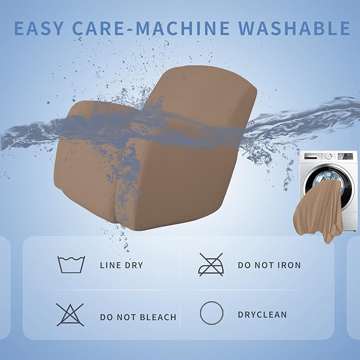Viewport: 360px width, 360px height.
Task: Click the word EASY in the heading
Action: (x=39, y=28)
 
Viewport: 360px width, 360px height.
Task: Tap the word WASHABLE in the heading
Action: (x=294, y=28)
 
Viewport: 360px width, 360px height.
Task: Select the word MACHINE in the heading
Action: (x=182, y=28)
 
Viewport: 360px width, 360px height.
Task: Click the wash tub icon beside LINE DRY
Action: (x=71, y=265)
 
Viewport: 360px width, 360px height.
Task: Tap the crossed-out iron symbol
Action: (x=211, y=265)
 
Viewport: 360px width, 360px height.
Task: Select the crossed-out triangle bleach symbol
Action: (x=70, y=315)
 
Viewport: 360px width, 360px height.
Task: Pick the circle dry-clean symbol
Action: (x=212, y=313)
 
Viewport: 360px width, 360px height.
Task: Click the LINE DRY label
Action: (x=121, y=266)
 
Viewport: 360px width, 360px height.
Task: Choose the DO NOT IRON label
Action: (x=269, y=265)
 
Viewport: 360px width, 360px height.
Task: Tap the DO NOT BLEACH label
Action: (x=138, y=317)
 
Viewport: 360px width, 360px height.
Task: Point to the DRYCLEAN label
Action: (x=262, y=314)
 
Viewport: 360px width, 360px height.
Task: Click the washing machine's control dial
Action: (x=329, y=156)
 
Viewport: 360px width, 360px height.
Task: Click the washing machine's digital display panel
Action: (x=346, y=156)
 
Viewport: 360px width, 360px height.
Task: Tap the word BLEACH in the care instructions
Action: (x=158, y=317)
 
